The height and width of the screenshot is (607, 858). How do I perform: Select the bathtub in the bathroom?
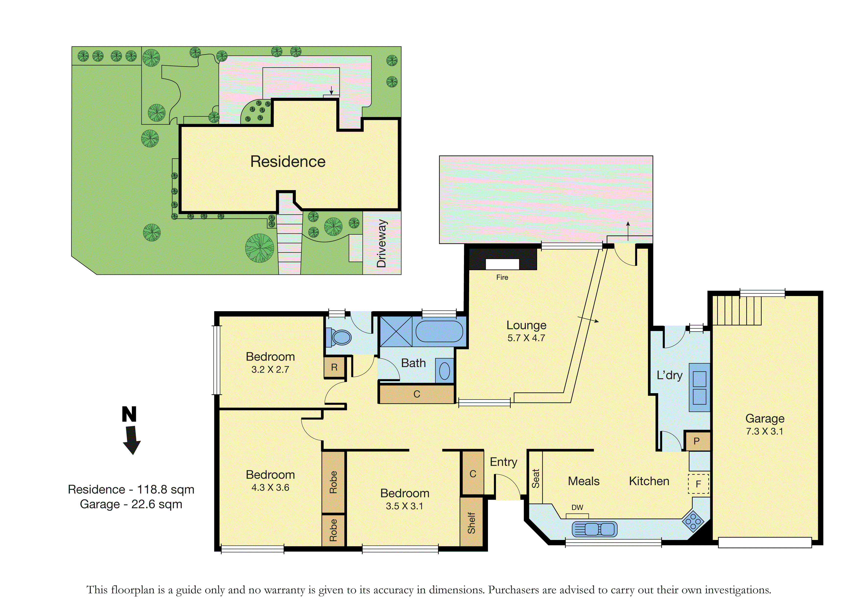440,331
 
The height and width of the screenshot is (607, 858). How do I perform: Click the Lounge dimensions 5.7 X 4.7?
526,338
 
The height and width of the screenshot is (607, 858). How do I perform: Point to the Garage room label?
765,419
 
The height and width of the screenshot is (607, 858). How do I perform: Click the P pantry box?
697,441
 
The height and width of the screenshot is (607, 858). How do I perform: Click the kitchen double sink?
595,529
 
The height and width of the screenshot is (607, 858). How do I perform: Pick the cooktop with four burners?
693,521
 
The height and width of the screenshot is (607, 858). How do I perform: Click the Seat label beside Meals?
535,478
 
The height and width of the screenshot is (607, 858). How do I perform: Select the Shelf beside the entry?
472,523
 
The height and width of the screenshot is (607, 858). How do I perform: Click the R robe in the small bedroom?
334,367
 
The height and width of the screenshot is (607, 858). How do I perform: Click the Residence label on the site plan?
288,161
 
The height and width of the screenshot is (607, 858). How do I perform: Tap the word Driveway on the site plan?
382,243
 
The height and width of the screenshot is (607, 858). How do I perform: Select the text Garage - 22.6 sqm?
131,504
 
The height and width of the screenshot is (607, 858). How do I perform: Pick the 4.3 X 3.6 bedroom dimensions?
270,487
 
